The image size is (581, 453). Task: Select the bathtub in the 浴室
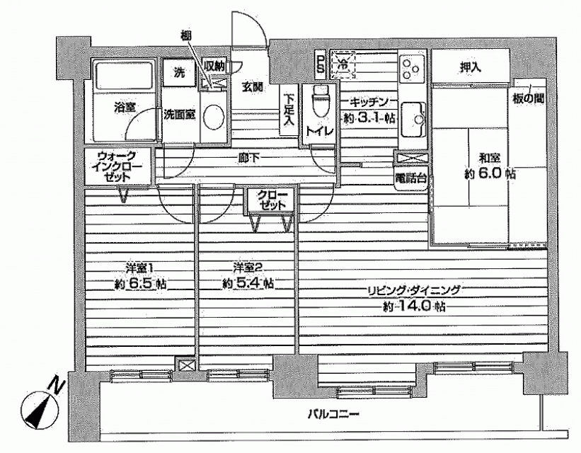coord(123,76)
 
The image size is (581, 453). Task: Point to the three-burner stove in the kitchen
coord(413,67)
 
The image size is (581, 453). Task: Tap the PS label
coord(320,64)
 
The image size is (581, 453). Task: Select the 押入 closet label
coord(470,67)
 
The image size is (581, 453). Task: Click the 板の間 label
coord(528,99)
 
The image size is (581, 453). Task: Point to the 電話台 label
coord(410,178)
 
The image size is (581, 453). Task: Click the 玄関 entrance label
coord(253,88)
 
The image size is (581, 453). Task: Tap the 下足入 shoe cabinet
coord(289,110)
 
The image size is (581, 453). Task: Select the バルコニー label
coord(333,413)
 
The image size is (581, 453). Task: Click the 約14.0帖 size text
coord(413,306)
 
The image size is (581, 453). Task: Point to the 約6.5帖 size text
coord(140,285)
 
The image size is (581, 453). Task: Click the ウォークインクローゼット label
coord(117,166)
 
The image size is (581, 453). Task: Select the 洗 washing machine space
coord(179,73)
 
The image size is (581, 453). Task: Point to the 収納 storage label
coord(214,67)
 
